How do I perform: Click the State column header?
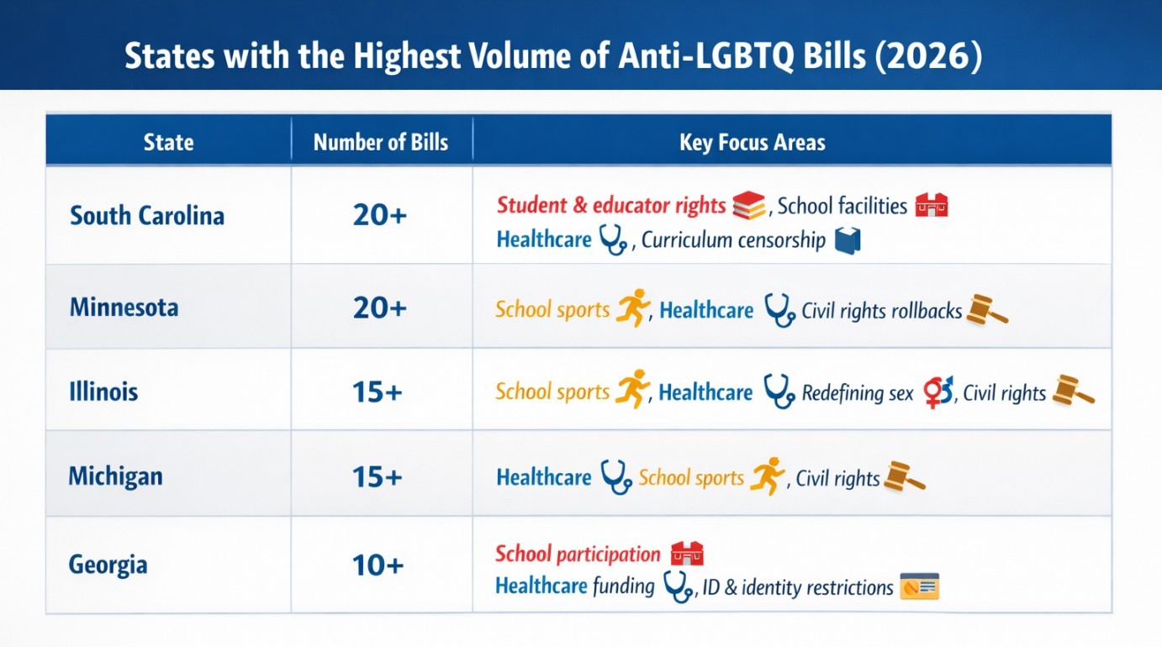[x=168, y=142]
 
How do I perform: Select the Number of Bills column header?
[x=381, y=142]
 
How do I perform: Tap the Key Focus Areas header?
[x=752, y=142]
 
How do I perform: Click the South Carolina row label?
[x=147, y=216]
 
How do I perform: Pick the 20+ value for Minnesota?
[x=380, y=308]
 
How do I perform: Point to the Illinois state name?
[x=103, y=392]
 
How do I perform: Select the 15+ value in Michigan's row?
[x=378, y=477]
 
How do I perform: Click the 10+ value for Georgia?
[x=378, y=565]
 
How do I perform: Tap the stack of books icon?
[x=748, y=205]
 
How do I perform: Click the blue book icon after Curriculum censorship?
[x=848, y=241]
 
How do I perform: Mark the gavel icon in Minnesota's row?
[x=985, y=309]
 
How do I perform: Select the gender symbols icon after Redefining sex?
[x=938, y=392]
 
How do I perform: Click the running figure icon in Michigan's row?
[x=767, y=476]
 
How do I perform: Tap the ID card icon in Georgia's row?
[x=918, y=587]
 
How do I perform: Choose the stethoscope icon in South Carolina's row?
[x=613, y=240]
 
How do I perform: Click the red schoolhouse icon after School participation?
[x=686, y=554]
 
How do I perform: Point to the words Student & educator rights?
[x=610, y=205]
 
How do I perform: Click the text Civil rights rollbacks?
[x=881, y=311]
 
